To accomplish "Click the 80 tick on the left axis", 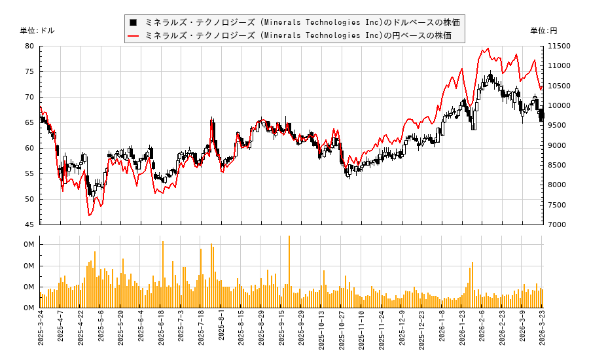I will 29,46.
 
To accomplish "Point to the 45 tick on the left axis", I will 29,225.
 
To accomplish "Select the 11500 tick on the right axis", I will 558,46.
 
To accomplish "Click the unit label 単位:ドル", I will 37,31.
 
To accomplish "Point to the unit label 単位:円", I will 543,31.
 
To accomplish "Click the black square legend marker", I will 134,22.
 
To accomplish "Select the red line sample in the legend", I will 134,35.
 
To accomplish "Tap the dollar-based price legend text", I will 302,22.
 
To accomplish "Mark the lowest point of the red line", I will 89,215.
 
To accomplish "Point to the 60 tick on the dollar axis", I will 29,148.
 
